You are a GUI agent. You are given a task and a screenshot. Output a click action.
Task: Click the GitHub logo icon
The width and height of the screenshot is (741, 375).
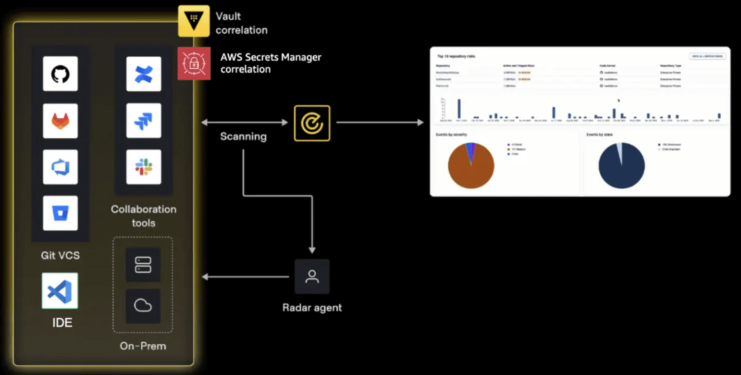click(60, 74)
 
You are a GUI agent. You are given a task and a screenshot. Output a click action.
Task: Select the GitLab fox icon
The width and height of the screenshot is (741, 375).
click(60, 121)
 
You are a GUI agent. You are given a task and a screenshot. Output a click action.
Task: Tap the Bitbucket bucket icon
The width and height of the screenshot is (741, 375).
click(60, 213)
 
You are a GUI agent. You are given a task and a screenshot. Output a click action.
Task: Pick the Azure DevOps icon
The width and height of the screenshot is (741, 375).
click(60, 167)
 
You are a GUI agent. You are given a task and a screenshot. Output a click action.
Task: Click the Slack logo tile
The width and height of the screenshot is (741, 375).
click(144, 167)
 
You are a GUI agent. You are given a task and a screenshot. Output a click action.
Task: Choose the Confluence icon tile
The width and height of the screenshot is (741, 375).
click(144, 74)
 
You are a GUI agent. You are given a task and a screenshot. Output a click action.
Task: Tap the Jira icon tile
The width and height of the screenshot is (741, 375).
click(144, 121)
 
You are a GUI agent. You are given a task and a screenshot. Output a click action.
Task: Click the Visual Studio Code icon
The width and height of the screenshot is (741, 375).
click(60, 291)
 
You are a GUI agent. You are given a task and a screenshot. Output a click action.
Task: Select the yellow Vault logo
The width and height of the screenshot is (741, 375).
click(194, 21)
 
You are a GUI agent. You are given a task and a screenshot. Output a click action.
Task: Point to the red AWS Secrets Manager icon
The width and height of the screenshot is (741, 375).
click(194, 63)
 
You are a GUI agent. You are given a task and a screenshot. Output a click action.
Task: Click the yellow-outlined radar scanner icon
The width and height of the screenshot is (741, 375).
click(312, 123)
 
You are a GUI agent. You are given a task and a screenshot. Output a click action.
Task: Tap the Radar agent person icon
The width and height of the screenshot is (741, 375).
click(312, 276)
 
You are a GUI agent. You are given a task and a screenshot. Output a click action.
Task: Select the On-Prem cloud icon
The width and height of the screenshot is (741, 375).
click(143, 306)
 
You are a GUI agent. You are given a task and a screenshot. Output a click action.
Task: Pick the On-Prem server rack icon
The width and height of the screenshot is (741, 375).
click(143, 264)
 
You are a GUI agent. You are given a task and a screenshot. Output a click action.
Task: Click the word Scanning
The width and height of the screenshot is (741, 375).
click(243, 137)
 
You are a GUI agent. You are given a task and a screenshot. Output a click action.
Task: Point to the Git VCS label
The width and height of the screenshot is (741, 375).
click(60, 255)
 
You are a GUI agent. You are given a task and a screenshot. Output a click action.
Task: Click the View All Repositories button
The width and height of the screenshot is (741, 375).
click(707, 56)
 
